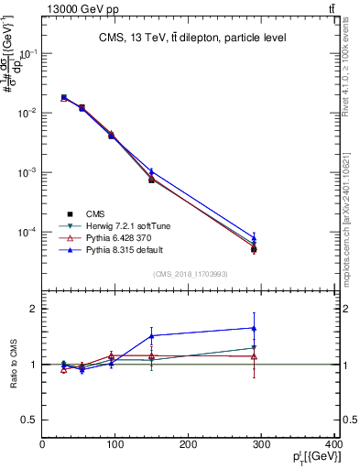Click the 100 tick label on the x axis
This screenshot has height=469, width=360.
click(x=115, y=446)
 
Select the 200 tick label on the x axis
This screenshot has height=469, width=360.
click(x=189, y=446)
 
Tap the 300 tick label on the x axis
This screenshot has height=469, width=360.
click(x=262, y=446)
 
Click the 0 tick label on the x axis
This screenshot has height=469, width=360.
click(x=43, y=446)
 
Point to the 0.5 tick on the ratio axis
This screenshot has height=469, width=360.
click(x=29, y=420)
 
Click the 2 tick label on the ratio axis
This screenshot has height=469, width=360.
click(x=33, y=309)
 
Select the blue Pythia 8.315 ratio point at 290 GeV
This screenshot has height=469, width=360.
click(x=254, y=328)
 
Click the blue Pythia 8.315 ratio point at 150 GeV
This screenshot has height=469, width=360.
click(x=151, y=335)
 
